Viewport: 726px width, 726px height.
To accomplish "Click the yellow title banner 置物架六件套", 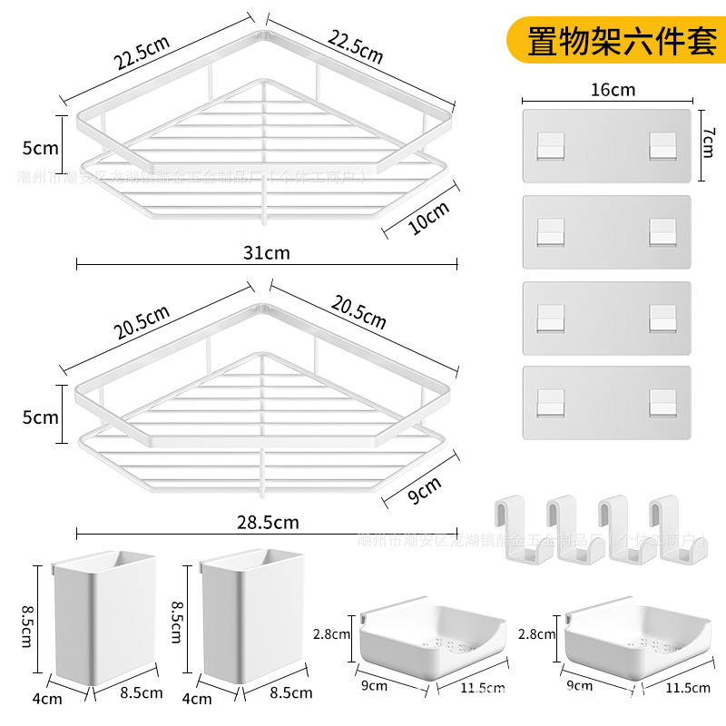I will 622,42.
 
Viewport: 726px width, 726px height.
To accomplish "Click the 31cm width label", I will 267,253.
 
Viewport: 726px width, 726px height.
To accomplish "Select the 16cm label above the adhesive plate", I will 613,89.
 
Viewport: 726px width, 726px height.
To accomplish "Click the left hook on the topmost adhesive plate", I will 549,145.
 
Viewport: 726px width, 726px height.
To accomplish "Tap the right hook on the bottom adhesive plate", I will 663,402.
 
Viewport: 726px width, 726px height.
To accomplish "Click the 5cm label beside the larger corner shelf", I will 41,148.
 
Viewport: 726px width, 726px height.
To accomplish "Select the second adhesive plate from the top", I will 606,231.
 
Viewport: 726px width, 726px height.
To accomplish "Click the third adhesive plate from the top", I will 606,318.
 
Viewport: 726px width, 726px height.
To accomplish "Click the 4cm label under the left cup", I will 47,698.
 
